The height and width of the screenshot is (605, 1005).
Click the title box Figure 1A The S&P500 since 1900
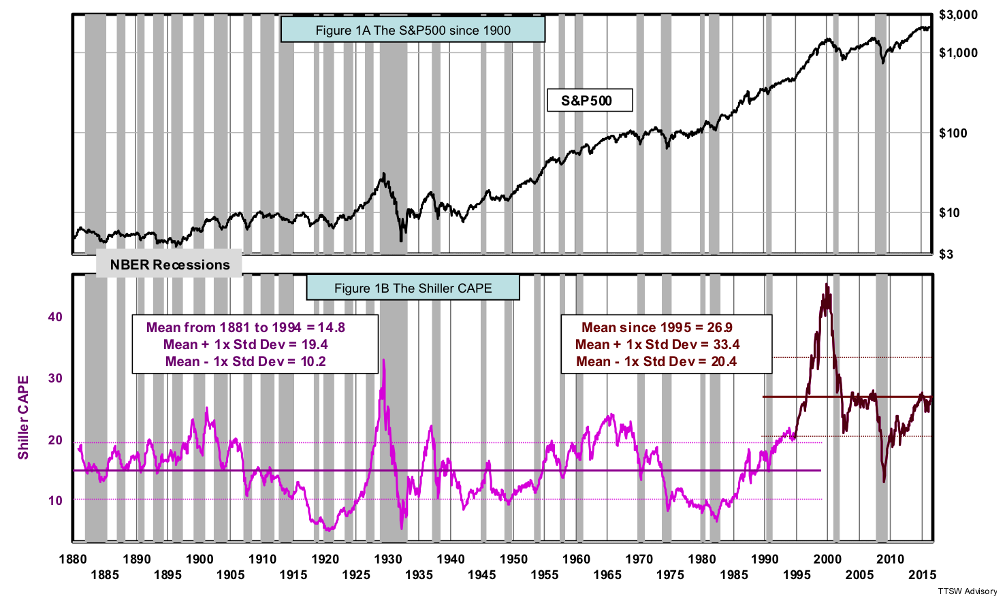(x=413, y=30)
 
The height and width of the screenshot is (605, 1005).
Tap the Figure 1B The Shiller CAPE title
(x=413, y=288)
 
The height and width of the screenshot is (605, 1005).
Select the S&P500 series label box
(x=590, y=101)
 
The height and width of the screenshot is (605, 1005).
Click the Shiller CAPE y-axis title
(x=24, y=416)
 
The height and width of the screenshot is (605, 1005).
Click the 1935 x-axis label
(x=419, y=575)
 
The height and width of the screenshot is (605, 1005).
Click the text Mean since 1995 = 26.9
(x=656, y=327)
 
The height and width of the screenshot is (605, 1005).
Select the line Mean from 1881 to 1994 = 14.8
(x=246, y=327)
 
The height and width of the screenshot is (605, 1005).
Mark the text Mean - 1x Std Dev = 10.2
(x=246, y=361)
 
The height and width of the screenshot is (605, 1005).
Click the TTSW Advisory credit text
(x=966, y=591)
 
